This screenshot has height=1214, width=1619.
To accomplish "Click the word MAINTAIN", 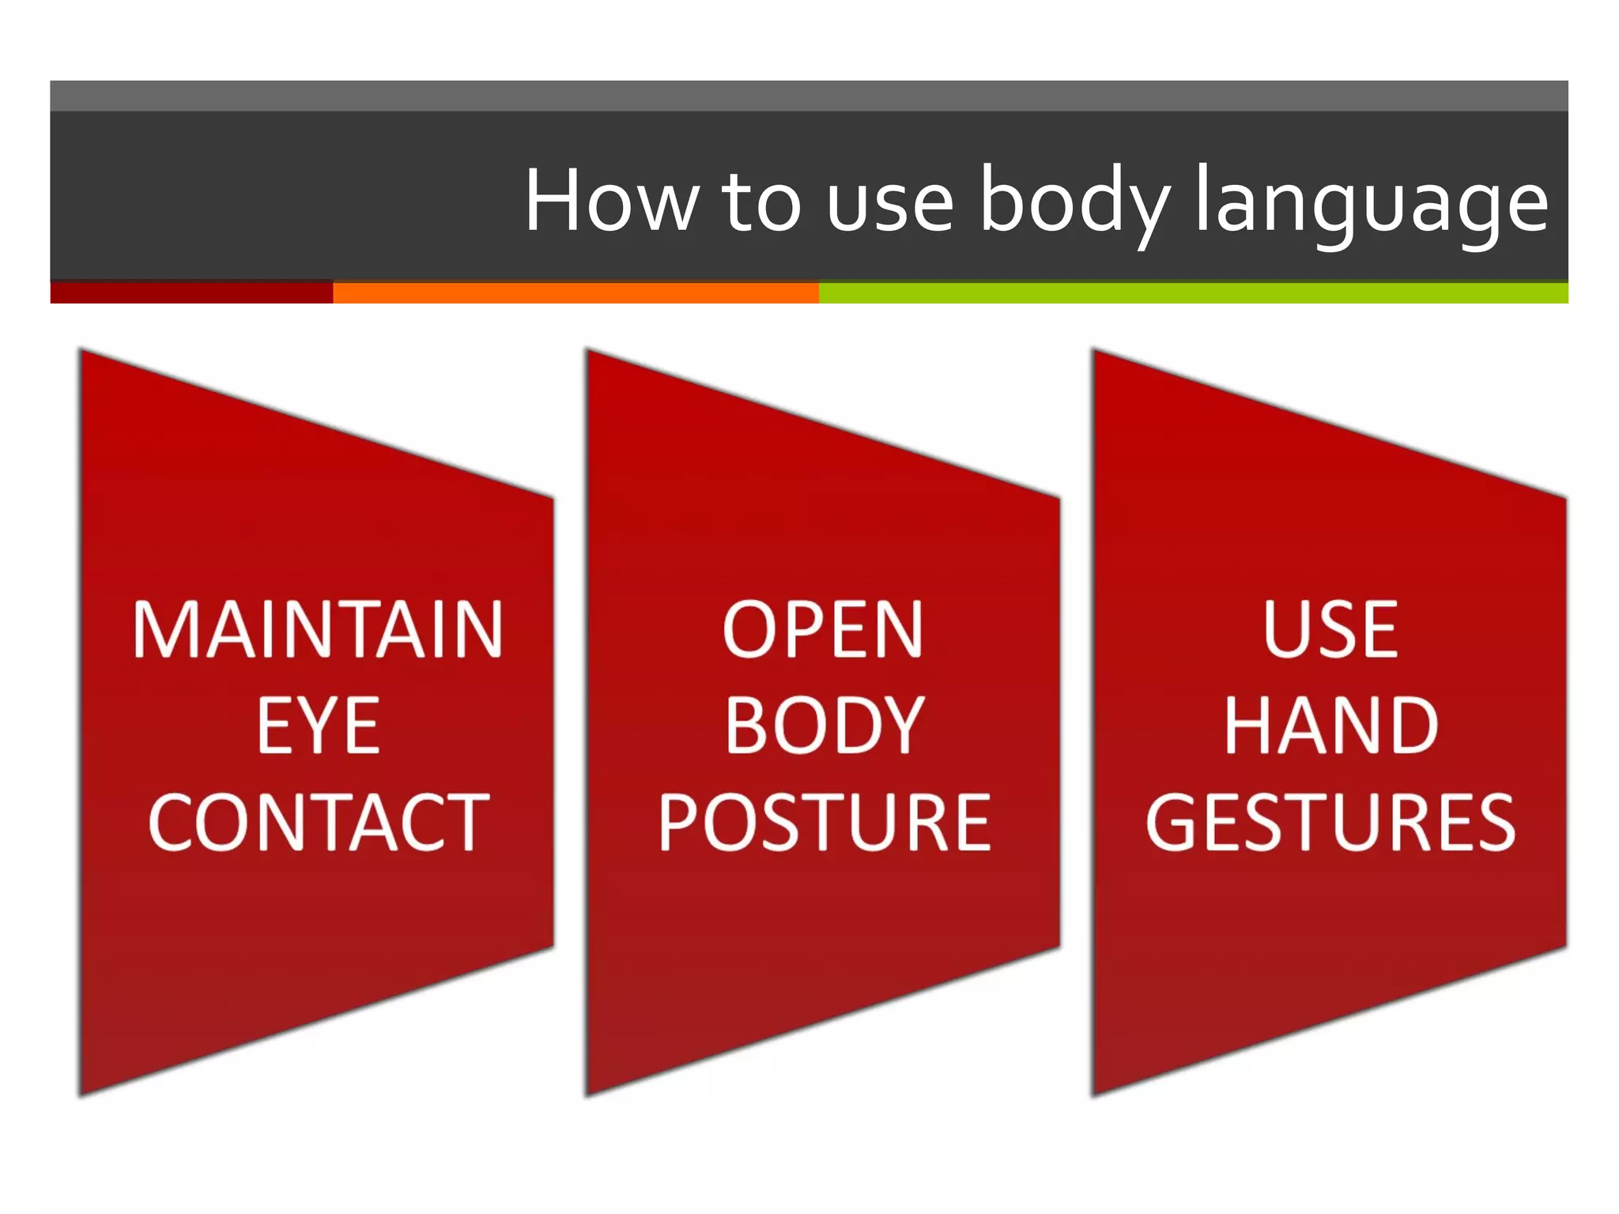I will (x=318, y=630).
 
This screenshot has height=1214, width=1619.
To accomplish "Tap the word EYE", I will (x=318, y=726).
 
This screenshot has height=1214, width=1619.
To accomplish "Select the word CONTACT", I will (x=318, y=823).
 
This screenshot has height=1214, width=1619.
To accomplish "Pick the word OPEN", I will (x=823, y=630).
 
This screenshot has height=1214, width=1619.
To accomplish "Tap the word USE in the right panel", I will (x=1330, y=630).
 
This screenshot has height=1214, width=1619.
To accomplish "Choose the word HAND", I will (x=1330, y=726).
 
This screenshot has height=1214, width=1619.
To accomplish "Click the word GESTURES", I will (x=1330, y=823).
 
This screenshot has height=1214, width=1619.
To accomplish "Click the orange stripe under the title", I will (x=576, y=292).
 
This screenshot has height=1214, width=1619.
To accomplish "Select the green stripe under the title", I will (x=1193, y=292).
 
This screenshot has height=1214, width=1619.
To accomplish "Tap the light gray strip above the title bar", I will (x=809, y=96).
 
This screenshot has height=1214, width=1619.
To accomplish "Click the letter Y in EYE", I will (x=319, y=726).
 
